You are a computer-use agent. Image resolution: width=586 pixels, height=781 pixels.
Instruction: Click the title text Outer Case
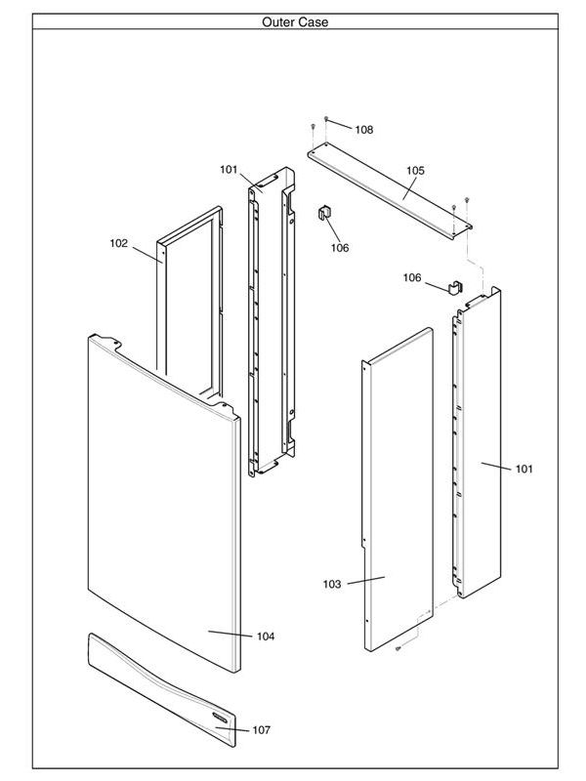[294, 21]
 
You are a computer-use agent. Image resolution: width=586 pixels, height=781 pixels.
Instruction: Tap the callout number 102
[118, 244]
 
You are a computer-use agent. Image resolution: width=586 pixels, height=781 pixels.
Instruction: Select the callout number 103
[332, 584]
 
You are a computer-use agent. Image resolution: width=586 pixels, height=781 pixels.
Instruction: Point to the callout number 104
[266, 637]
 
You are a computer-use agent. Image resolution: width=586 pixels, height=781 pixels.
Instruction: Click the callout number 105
[415, 171]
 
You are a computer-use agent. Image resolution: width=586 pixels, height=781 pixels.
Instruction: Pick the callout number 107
[261, 730]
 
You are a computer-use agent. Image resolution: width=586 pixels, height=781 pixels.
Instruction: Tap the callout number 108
[363, 130]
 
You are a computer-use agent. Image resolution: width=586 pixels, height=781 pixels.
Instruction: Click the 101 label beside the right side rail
[524, 470]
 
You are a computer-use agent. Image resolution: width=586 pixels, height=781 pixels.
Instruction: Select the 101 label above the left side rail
[229, 170]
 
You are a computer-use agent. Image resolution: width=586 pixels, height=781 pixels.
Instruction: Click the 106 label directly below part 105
[339, 248]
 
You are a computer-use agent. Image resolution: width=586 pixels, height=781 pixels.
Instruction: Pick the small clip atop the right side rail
[454, 286]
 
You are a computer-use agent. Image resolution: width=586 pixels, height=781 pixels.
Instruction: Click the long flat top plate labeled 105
[391, 188]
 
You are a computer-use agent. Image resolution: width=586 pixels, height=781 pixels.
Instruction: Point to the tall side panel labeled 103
[396, 488]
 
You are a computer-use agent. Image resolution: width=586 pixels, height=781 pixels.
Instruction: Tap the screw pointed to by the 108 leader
[327, 119]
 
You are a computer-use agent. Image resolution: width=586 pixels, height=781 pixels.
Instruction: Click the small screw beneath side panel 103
[398, 648]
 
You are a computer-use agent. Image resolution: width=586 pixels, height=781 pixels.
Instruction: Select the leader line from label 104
[230, 634]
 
